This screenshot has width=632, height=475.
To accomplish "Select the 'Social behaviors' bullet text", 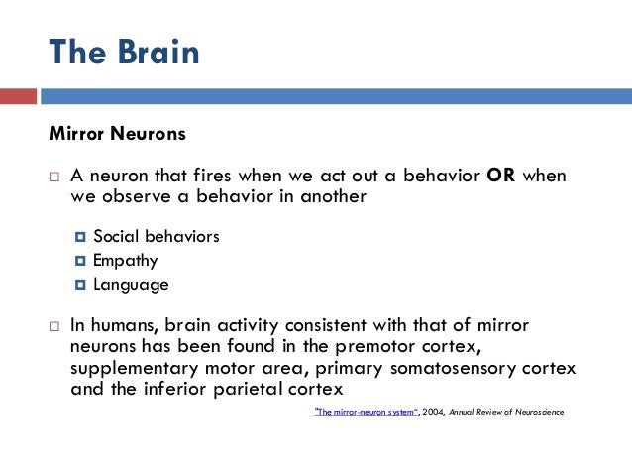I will (x=157, y=236).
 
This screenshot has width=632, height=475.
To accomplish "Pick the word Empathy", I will (x=126, y=260).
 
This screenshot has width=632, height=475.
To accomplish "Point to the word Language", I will (x=131, y=284).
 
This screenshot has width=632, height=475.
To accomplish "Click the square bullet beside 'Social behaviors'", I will (x=80, y=237).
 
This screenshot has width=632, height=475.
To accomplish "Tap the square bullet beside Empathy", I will (x=80, y=261).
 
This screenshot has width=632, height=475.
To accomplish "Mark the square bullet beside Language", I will (x=80, y=285).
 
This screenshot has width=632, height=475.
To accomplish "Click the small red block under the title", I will (x=18, y=96).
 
